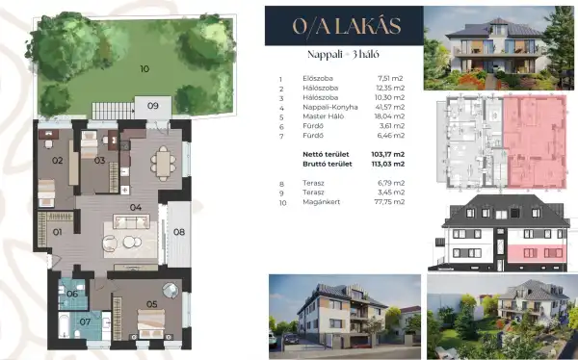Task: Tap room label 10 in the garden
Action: point(144,68)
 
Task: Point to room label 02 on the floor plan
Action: point(57,161)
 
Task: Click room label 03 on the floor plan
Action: point(99,161)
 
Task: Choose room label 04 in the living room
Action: point(136,207)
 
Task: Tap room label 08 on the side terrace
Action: point(179,231)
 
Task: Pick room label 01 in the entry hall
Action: point(57,232)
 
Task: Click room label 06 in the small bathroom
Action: point(72,295)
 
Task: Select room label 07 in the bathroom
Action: point(85,321)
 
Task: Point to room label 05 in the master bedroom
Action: point(151,305)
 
